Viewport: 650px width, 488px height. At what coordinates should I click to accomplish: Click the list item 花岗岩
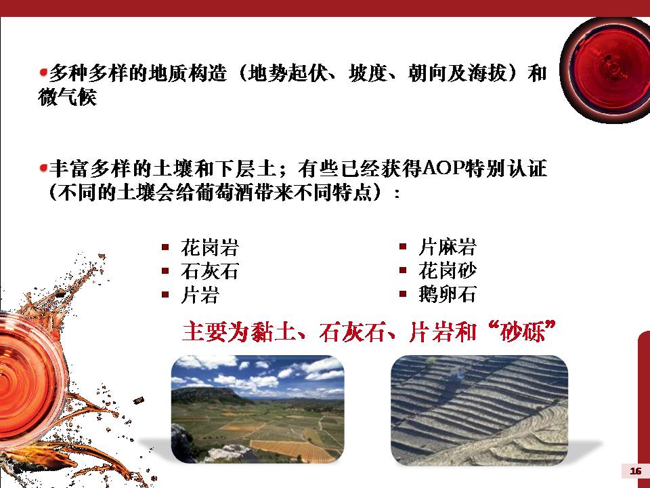[x=209, y=248]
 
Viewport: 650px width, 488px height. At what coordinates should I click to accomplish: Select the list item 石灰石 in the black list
[x=209, y=271]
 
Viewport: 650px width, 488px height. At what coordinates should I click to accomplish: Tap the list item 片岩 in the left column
[x=199, y=295]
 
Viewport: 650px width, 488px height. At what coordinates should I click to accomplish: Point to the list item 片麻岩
[x=447, y=247]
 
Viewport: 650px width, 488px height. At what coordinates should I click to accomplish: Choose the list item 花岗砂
[x=447, y=271]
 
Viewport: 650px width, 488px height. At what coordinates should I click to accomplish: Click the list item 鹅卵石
[x=447, y=295]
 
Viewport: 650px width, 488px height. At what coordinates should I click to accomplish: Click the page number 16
[x=635, y=471]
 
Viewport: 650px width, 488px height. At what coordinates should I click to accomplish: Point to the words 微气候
[x=67, y=97]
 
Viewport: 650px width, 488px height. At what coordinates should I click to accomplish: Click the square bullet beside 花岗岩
[x=165, y=248]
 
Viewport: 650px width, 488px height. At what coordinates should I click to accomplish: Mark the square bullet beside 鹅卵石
[x=402, y=294]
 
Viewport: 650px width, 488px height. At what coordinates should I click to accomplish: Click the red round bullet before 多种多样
[x=43, y=73]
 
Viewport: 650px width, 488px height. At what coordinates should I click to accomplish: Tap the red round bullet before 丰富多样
[x=43, y=169]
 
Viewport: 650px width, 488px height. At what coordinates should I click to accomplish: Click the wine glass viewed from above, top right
[x=606, y=70]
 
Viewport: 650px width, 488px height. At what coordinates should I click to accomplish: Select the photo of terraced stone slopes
[x=479, y=410]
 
